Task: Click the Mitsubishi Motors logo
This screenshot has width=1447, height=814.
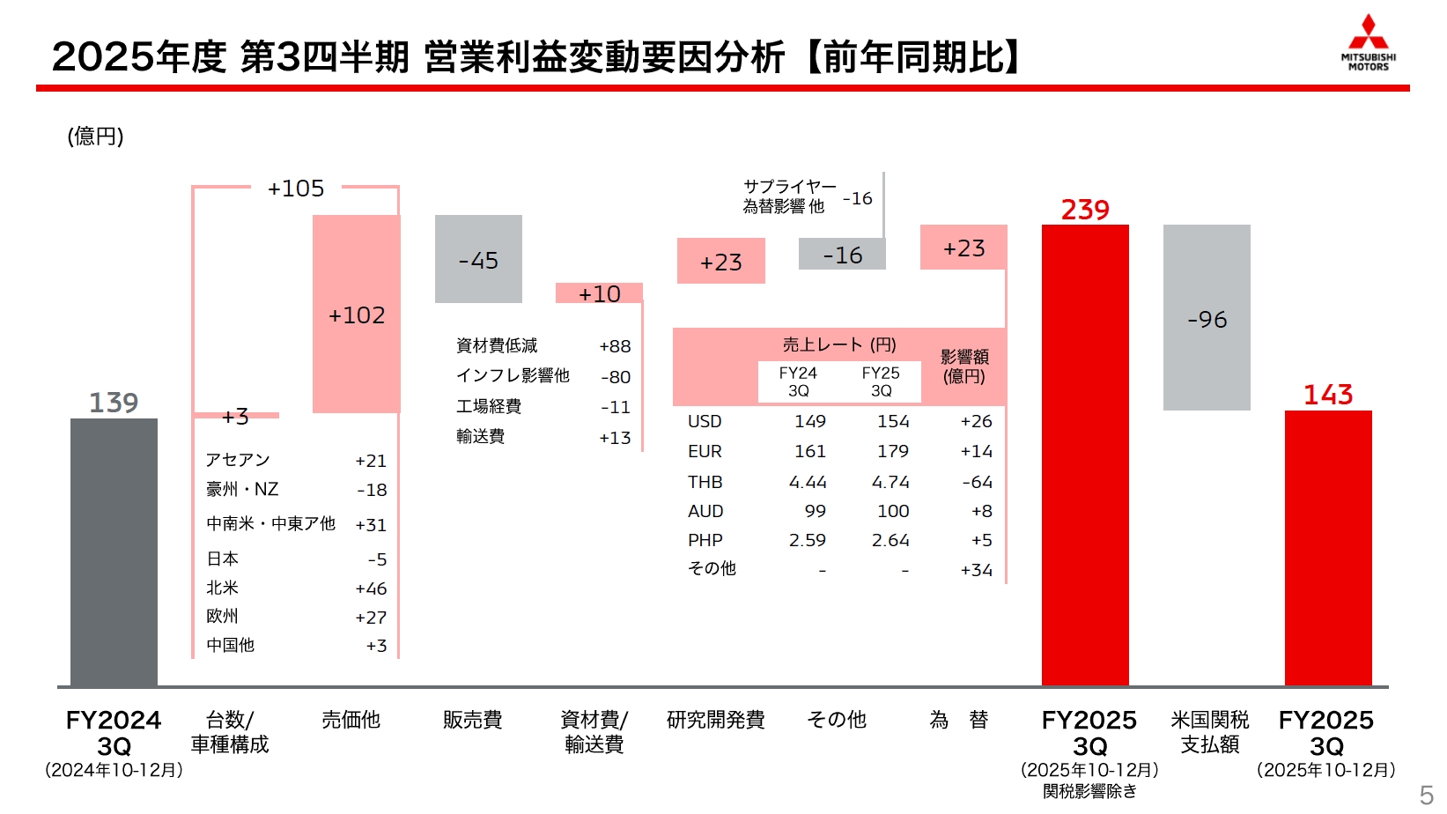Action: tap(1368, 41)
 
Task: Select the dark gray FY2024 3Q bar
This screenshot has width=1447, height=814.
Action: tap(114, 551)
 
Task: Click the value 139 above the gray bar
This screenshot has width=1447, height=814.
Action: tap(114, 403)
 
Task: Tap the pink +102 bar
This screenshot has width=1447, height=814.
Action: tap(357, 314)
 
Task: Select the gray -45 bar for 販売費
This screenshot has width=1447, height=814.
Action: tap(478, 259)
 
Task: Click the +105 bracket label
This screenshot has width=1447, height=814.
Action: tap(296, 189)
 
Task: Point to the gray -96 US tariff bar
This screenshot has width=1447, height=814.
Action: tap(1207, 318)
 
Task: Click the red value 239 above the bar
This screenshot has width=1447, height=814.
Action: tap(1085, 210)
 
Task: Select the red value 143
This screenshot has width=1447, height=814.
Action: tap(1328, 395)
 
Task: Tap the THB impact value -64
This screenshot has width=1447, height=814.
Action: tap(977, 482)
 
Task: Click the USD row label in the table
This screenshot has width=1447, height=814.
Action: tap(705, 421)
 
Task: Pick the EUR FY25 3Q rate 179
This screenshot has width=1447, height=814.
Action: tap(892, 451)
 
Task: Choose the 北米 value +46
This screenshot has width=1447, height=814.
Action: tap(371, 588)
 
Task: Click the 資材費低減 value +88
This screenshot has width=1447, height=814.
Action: tap(615, 346)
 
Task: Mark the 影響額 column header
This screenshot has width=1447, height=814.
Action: tap(964, 366)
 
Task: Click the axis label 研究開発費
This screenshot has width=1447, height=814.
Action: tap(715, 720)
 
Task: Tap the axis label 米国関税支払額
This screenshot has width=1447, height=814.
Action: tap(1209, 732)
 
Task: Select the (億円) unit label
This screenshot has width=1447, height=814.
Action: tap(95, 136)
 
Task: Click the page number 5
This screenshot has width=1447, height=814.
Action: tap(1426, 795)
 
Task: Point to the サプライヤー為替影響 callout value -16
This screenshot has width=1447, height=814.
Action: tap(857, 198)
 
